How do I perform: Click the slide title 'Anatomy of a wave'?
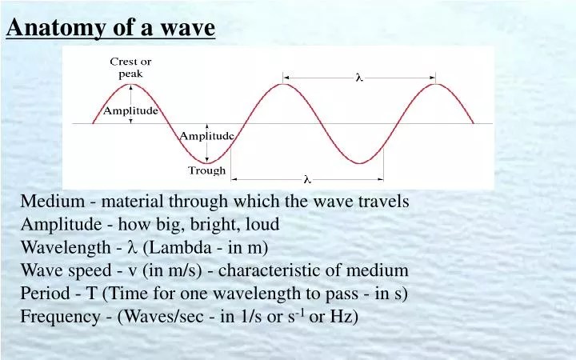coord(110,29)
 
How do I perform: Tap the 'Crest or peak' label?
coord(130,67)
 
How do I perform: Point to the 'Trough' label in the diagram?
coord(206,170)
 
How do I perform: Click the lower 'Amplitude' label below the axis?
coord(206,136)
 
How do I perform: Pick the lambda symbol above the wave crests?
coord(359,78)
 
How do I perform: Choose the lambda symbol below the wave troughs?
coord(306,178)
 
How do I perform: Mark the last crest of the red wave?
coord(434,84)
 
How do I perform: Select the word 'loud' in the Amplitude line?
coord(262,225)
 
